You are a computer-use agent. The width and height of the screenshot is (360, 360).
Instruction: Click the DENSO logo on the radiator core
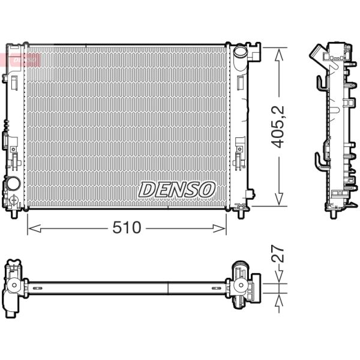coord(177,190)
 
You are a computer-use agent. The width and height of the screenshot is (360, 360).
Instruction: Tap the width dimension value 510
coord(126,227)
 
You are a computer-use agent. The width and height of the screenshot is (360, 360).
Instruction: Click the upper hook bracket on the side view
coord(321,84)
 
